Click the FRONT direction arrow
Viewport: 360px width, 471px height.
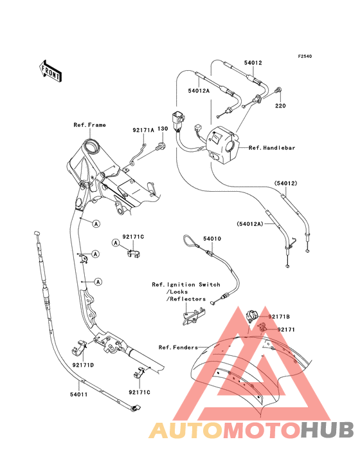(50, 71)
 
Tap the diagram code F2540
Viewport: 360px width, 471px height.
(305, 56)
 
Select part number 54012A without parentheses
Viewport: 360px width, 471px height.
(199, 91)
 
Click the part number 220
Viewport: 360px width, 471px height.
(280, 106)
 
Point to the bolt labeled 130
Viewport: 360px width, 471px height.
(161, 146)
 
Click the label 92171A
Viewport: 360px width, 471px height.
(143, 130)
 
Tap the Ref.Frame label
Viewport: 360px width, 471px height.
(90, 125)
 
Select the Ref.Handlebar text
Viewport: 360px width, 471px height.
(272, 148)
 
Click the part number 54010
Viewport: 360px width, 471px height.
(212, 239)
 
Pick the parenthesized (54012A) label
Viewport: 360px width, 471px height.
(249, 224)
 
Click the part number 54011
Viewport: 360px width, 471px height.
(79, 394)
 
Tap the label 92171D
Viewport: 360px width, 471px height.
(83, 365)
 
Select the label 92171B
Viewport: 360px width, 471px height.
(279, 317)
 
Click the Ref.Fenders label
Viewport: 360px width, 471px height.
(178, 347)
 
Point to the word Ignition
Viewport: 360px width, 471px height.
(181, 284)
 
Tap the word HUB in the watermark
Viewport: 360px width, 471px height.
(328, 430)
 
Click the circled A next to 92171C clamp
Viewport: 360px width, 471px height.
(116, 243)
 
